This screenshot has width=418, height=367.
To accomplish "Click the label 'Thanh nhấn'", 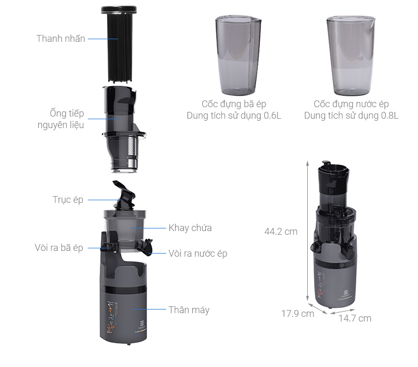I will pos(61,39).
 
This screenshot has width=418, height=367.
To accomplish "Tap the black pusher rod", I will pos(118,47).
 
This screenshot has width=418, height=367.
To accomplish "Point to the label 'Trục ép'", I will pos(68,200).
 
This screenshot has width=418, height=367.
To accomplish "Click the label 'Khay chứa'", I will pos(190,228).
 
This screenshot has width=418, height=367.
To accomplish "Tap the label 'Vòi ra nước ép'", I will pos(198,254).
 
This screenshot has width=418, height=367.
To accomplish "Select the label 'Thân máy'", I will pos(189,310).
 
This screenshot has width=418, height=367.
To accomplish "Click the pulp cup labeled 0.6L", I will pos(238,55).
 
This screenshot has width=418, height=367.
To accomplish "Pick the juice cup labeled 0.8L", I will pos(350,55).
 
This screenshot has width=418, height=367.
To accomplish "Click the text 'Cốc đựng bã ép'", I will pos(234,104).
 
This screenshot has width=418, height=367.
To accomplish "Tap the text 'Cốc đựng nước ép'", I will pos(351,104).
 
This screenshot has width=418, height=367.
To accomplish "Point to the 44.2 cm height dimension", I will pos(281,231).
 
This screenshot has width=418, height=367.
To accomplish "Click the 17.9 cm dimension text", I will pos(298,314).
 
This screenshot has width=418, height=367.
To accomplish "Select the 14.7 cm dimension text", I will pos(354,318).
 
